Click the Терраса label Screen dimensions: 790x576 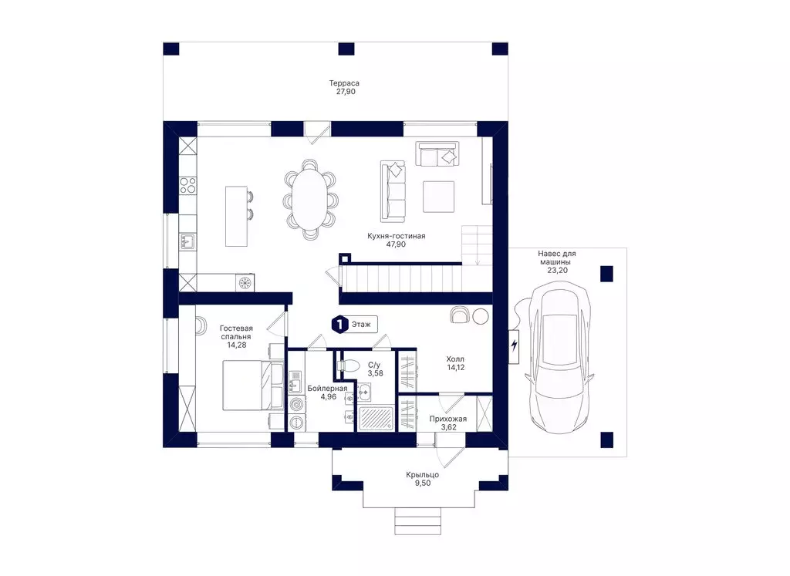(x=344, y=83)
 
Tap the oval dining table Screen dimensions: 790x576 (x=310, y=198)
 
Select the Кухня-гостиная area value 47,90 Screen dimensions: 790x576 (x=396, y=244)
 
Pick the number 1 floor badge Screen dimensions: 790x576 (x=340, y=325)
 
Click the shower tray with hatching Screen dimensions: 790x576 (x=376, y=419)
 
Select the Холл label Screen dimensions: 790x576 (x=455, y=359)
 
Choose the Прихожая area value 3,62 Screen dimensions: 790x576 (x=448, y=427)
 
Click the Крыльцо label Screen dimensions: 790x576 (x=422, y=475)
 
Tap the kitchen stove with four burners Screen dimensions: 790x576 (x=188, y=185)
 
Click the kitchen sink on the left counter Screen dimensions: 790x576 (x=188, y=241)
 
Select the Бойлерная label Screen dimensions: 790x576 (x=327, y=388)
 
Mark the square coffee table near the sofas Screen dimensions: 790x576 (x=438, y=197)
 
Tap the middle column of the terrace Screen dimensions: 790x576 (x=346, y=49)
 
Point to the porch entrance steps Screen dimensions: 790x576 (x=417, y=521)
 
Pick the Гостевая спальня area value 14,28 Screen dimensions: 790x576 (x=236, y=345)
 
